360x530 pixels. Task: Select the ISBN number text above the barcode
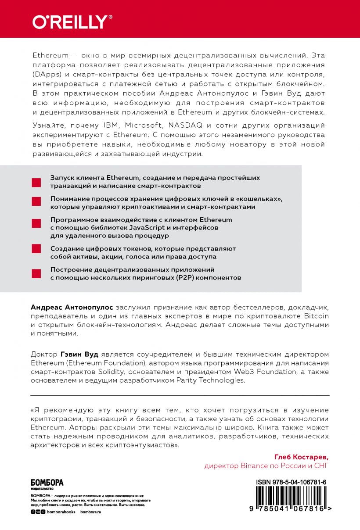292,482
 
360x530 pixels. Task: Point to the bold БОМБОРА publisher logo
47,483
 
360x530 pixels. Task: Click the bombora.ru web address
91,512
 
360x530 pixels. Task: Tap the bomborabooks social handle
61,512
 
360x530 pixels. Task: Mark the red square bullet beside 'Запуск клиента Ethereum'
36,182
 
